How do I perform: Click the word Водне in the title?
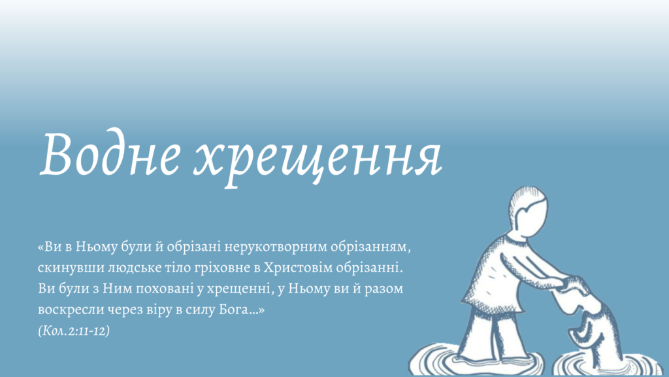point(110,154)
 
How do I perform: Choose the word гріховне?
point(216,268)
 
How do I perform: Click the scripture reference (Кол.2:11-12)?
point(74,331)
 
